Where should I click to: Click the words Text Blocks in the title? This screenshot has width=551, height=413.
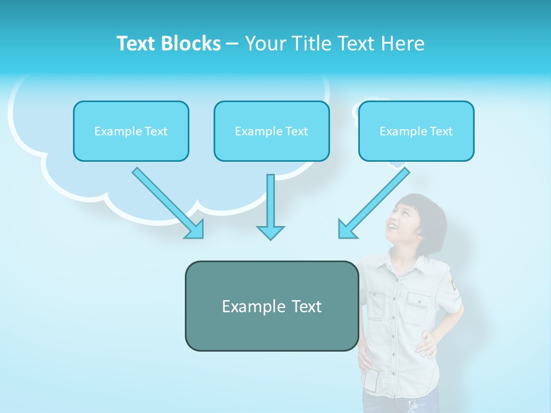(x=168, y=44)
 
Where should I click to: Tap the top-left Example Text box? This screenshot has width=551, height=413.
(x=131, y=131)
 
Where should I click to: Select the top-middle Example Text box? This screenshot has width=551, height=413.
(x=271, y=131)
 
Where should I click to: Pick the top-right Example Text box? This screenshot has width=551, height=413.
(x=416, y=131)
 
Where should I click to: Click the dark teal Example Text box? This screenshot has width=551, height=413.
(x=271, y=306)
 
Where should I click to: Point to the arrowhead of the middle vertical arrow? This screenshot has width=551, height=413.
(x=270, y=232)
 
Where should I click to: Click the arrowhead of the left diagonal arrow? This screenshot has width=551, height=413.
(x=195, y=229)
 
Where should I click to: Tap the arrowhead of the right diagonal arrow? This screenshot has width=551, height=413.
(x=347, y=229)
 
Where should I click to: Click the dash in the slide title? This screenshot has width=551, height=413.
(x=233, y=44)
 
